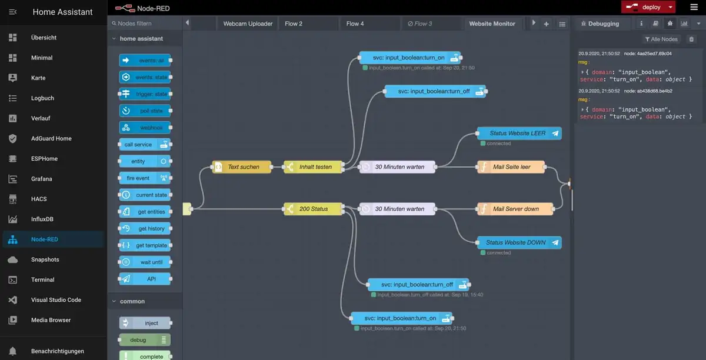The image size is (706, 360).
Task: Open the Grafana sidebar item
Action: coord(41,179)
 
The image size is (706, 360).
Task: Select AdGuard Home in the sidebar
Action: coord(51,138)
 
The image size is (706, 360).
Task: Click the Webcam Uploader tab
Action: coord(248,24)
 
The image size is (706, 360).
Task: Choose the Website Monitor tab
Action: coord(492,24)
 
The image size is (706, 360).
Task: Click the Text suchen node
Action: coord(242,167)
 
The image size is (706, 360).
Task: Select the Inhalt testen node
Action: coord(314,167)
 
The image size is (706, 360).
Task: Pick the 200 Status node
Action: coord(313,209)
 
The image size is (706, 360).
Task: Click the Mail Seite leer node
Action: coord(511,167)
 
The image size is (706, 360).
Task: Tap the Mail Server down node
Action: coord(515,209)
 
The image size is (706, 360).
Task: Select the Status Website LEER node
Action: coord(518,134)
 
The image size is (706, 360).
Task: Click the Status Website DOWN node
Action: coord(518,242)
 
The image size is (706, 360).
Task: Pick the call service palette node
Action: coord(144,145)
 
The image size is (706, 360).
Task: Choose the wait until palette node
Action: coord(144,262)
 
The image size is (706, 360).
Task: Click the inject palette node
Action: coord(145,323)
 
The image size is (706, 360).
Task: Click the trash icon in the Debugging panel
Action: coord(691,39)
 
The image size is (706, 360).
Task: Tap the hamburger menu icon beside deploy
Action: coord(693,7)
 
